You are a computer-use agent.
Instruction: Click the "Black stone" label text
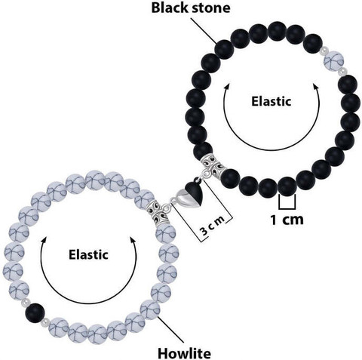191,8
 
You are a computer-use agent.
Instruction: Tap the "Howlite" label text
184,353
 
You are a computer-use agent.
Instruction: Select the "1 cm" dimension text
287,220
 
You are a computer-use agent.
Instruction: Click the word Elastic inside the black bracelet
271,101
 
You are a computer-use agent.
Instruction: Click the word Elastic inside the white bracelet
88,254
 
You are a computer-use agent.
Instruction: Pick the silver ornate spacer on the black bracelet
213,164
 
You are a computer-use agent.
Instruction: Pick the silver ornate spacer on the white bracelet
158,213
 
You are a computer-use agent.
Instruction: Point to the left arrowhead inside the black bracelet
227,87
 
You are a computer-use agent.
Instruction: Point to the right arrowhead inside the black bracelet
315,87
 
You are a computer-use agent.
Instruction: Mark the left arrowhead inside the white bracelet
44,240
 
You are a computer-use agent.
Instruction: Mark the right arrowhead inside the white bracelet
133,240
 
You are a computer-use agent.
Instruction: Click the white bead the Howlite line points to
150,310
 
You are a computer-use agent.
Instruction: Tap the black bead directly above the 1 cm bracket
287,186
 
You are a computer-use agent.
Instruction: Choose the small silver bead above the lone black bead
25,302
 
